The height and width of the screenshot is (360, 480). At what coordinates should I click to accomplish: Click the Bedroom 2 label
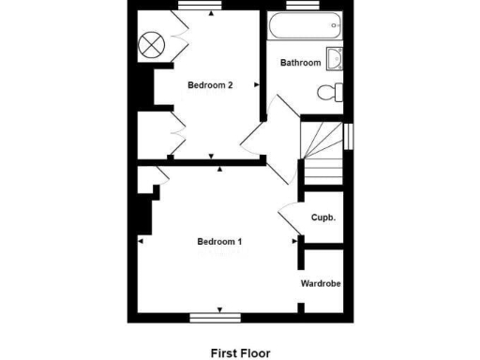tap(210, 85)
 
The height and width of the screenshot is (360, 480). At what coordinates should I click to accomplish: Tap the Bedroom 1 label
tap(219, 242)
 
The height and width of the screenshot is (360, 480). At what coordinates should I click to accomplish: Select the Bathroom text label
tap(301, 63)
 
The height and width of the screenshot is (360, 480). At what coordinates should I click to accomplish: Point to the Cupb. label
tap(323, 217)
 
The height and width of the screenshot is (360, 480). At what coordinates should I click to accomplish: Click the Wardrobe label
tap(320, 282)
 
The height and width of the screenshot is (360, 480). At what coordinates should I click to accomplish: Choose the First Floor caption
tap(239, 353)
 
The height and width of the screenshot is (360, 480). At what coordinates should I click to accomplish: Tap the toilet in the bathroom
tap(331, 93)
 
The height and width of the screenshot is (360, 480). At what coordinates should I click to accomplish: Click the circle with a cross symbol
tap(152, 43)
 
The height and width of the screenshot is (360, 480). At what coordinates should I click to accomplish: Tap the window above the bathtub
tap(300, 7)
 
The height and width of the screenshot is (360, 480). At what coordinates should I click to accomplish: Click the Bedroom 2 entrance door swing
tap(253, 141)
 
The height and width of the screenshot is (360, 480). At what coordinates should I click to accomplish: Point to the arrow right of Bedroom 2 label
tap(255, 85)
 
